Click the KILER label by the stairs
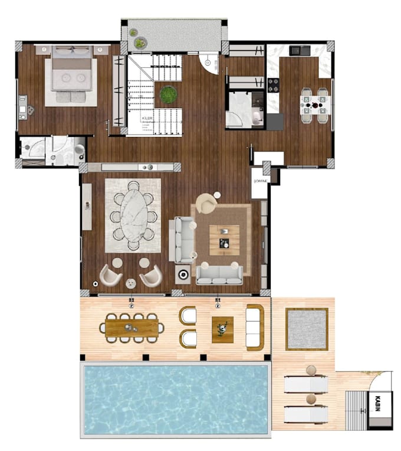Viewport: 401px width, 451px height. (146, 119)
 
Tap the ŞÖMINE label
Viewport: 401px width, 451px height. (260, 181)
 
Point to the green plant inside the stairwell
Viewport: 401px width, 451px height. (168, 94)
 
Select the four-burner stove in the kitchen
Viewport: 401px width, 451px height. (274, 85)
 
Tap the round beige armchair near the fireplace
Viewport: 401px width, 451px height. (206, 202)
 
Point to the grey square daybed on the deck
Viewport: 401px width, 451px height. (307, 329)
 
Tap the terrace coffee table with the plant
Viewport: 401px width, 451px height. (222, 328)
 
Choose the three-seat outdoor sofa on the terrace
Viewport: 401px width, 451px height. (255, 326)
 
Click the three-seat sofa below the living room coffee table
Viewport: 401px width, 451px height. (219, 272)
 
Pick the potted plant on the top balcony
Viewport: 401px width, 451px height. (140, 42)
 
